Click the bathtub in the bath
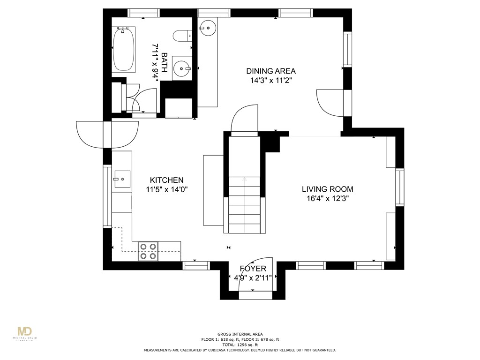coord(124,49)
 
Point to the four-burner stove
coord(148,251)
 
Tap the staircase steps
coord(244,206)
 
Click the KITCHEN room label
coord(166,180)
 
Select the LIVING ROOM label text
coord(327,189)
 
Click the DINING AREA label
coord(271,71)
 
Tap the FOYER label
coord(253,269)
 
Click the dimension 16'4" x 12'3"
coord(327,198)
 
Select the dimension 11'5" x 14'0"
coord(166,189)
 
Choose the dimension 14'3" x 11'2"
coord(271,80)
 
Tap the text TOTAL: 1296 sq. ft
coord(240,345)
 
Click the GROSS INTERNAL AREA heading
coord(240,334)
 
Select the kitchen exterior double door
coord(107,135)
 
